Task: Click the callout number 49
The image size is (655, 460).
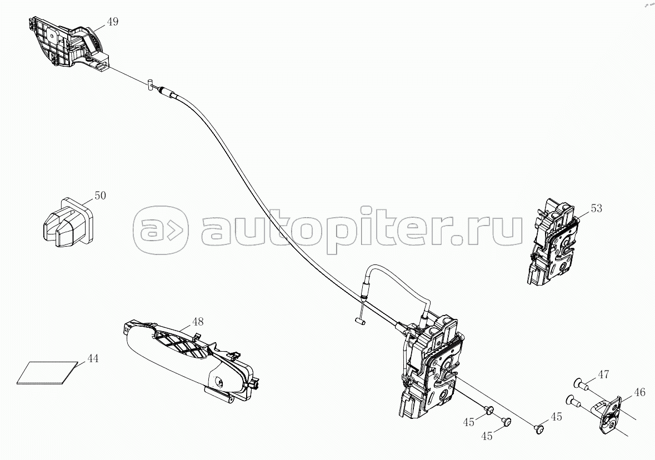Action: pyautogui.click(x=113, y=22)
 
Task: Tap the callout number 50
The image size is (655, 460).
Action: pyautogui.click(x=100, y=196)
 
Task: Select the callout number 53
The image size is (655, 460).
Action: pyautogui.click(x=596, y=208)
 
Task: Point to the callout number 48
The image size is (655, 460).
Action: pyautogui.click(x=198, y=322)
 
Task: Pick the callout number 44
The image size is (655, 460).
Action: pyautogui.click(x=92, y=359)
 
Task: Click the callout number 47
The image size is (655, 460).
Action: pyautogui.click(x=604, y=374)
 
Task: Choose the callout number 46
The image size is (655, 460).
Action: pyautogui.click(x=639, y=392)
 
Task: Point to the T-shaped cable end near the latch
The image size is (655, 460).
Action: pyautogui.click(x=359, y=319)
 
